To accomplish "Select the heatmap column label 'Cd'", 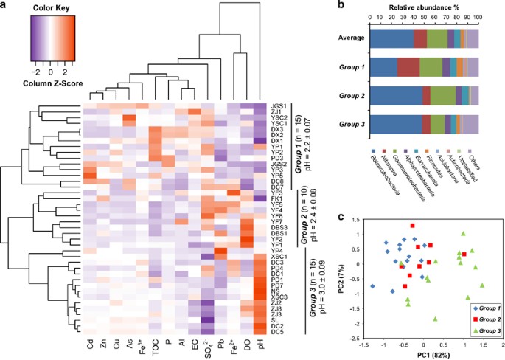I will (88, 345).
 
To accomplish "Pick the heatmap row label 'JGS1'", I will (279, 107).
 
